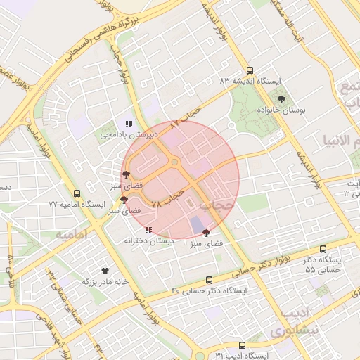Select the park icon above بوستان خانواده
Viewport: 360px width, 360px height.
pos(282,100)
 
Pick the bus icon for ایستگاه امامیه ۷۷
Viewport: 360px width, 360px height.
pos(77,193)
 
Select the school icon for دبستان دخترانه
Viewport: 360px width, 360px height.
pos(148,230)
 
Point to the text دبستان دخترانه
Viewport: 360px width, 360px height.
pos(148,240)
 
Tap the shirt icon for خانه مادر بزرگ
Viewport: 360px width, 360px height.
pos(105,270)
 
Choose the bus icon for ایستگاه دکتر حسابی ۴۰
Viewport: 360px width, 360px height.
pos(208,280)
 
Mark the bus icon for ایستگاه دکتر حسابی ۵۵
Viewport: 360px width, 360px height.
pos(323,249)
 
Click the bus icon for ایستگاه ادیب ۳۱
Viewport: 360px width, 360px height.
pos(242,345)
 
